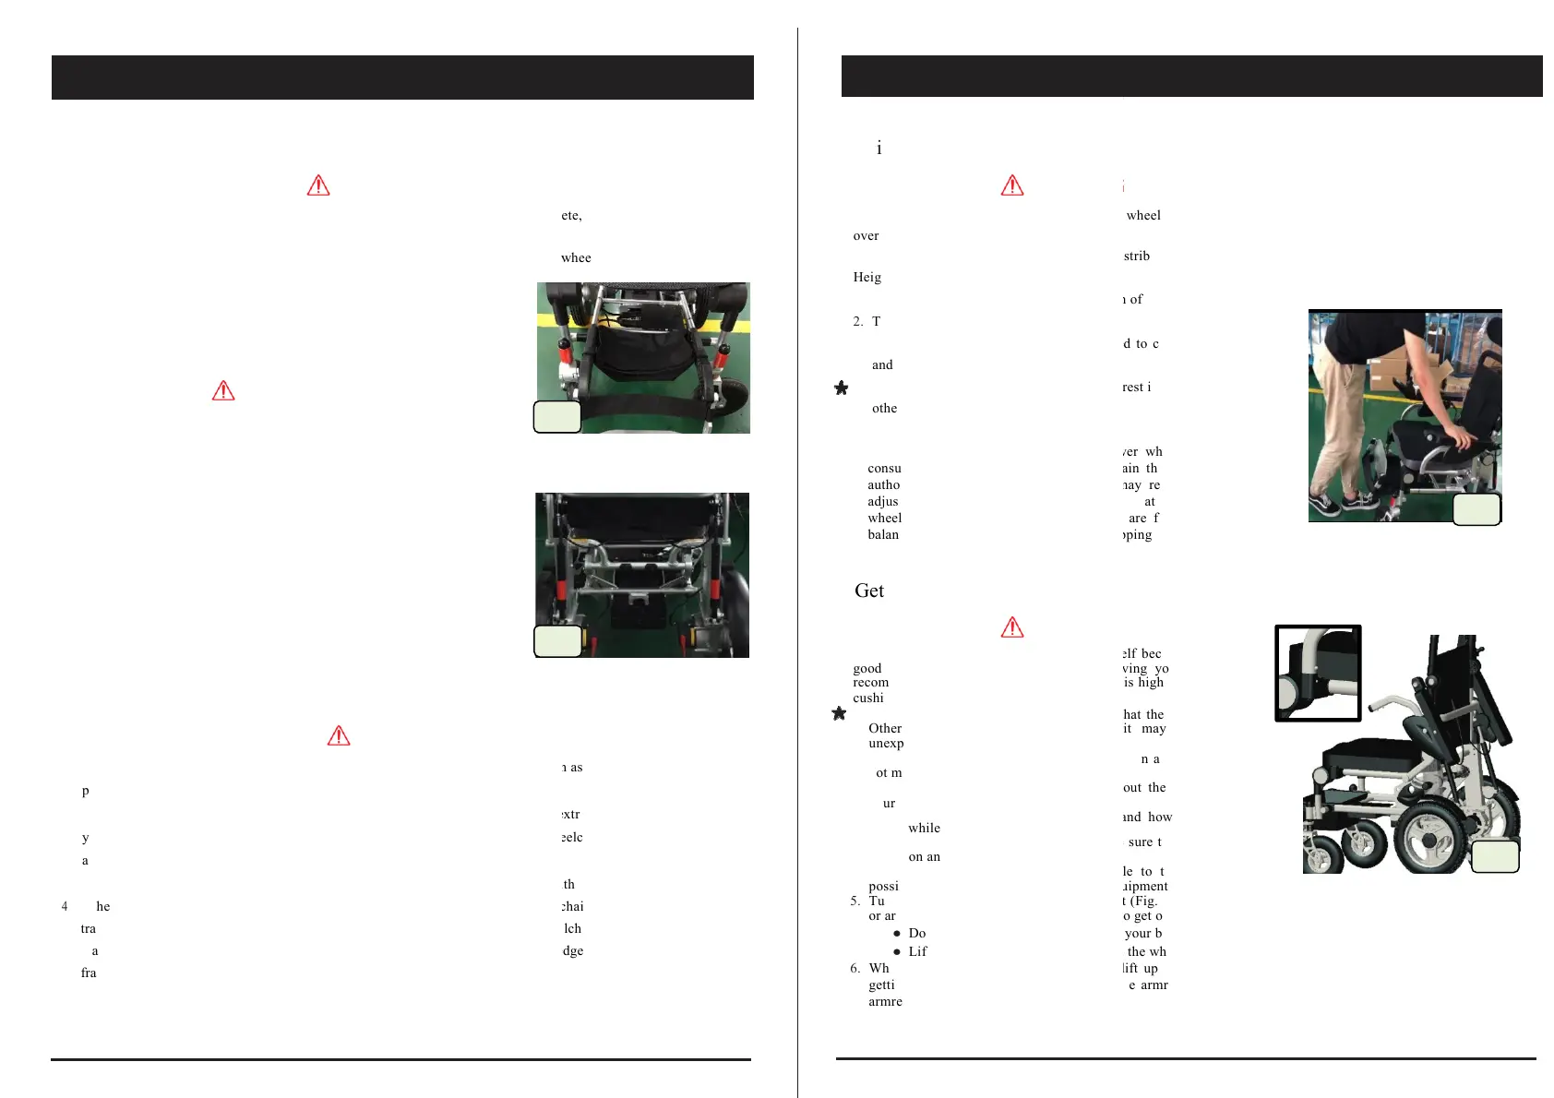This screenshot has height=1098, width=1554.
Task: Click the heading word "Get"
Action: (869, 591)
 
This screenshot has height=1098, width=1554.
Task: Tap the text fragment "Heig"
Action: (867, 277)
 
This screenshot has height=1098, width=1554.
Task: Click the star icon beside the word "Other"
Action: (839, 713)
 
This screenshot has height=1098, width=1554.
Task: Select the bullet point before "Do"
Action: (896, 934)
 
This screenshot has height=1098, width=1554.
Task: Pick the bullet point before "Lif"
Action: (896, 952)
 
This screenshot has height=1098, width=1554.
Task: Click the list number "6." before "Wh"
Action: (855, 968)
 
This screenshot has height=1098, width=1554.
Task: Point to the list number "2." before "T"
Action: (857, 321)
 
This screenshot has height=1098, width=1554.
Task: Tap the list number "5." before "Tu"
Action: (855, 901)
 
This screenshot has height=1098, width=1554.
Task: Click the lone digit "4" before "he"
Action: (65, 906)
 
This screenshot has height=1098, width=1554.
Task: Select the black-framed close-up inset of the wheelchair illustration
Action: (1318, 673)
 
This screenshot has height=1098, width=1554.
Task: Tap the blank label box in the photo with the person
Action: (1476, 509)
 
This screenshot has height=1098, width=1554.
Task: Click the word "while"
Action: (924, 828)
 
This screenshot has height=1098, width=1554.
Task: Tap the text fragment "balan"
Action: (883, 534)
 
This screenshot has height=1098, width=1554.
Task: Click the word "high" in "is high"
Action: (1151, 682)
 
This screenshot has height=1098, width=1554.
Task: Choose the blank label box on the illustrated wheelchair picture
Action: (1494, 856)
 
